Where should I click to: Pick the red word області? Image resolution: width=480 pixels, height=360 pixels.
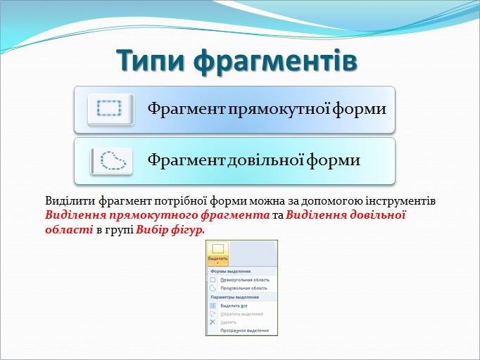[x=68, y=229]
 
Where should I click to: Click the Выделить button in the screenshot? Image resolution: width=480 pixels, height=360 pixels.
[x=217, y=254]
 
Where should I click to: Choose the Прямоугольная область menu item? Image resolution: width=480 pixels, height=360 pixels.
[x=244, y=280]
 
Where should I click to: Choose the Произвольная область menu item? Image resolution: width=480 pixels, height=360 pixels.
[x=244, y=288]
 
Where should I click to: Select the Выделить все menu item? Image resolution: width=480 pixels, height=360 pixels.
[x=234, y=305]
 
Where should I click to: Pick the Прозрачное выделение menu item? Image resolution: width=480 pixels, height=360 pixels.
[x=244, y=330]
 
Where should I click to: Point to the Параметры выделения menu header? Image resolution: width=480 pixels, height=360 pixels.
[x=236, y=297]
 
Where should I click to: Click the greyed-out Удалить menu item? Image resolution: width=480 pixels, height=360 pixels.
[x=229, y=322]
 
